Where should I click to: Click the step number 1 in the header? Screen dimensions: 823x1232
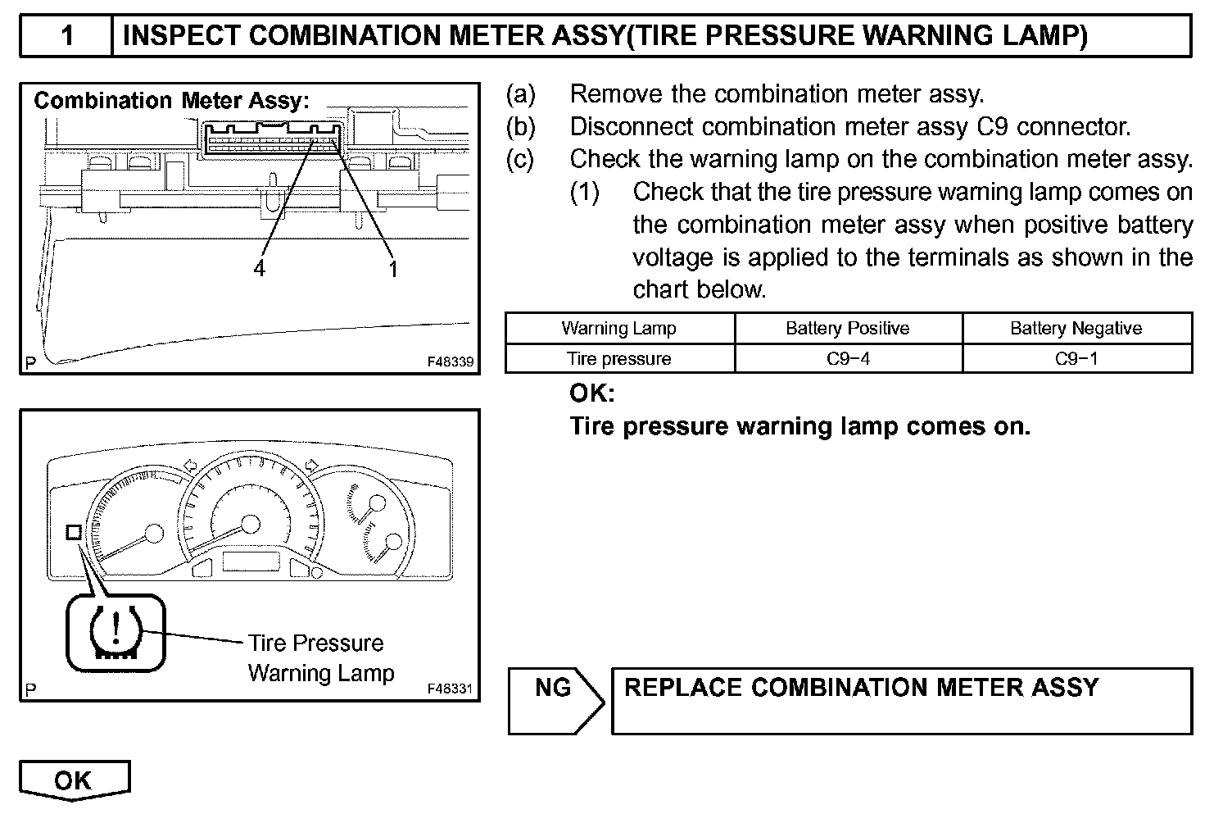point(67,35)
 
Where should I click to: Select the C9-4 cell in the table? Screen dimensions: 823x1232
point(848,359)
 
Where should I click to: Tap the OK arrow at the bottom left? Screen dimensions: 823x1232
point(74,780)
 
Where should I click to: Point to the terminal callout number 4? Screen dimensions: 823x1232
point(260,268)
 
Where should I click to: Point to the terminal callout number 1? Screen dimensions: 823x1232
point(393,268)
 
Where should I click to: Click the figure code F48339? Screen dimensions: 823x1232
point(450,361)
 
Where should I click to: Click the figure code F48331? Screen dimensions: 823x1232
point(450,689)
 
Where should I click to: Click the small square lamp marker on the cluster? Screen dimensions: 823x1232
point(73,532)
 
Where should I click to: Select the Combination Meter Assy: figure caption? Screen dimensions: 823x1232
point(171,101)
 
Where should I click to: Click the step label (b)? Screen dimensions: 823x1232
point(521,127)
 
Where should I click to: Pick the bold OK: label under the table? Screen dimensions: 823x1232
point(591,393)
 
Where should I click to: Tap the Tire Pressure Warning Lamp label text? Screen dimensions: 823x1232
point(320,658)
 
